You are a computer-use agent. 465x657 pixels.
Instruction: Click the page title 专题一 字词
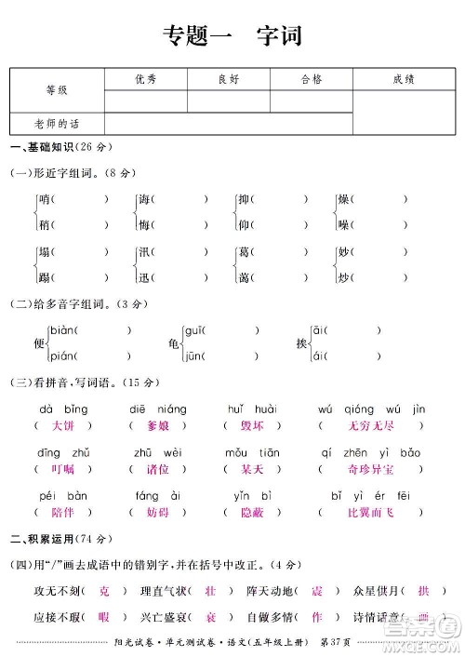pos(232,36)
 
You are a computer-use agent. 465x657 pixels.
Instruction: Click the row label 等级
pos(57,90)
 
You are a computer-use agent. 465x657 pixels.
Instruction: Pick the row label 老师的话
pos(57,123)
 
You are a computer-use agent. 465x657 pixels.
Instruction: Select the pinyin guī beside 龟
pos(193,330)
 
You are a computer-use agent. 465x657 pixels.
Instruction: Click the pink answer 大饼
pos(63,425)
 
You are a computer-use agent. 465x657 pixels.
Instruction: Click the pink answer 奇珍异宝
pos(370,469)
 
